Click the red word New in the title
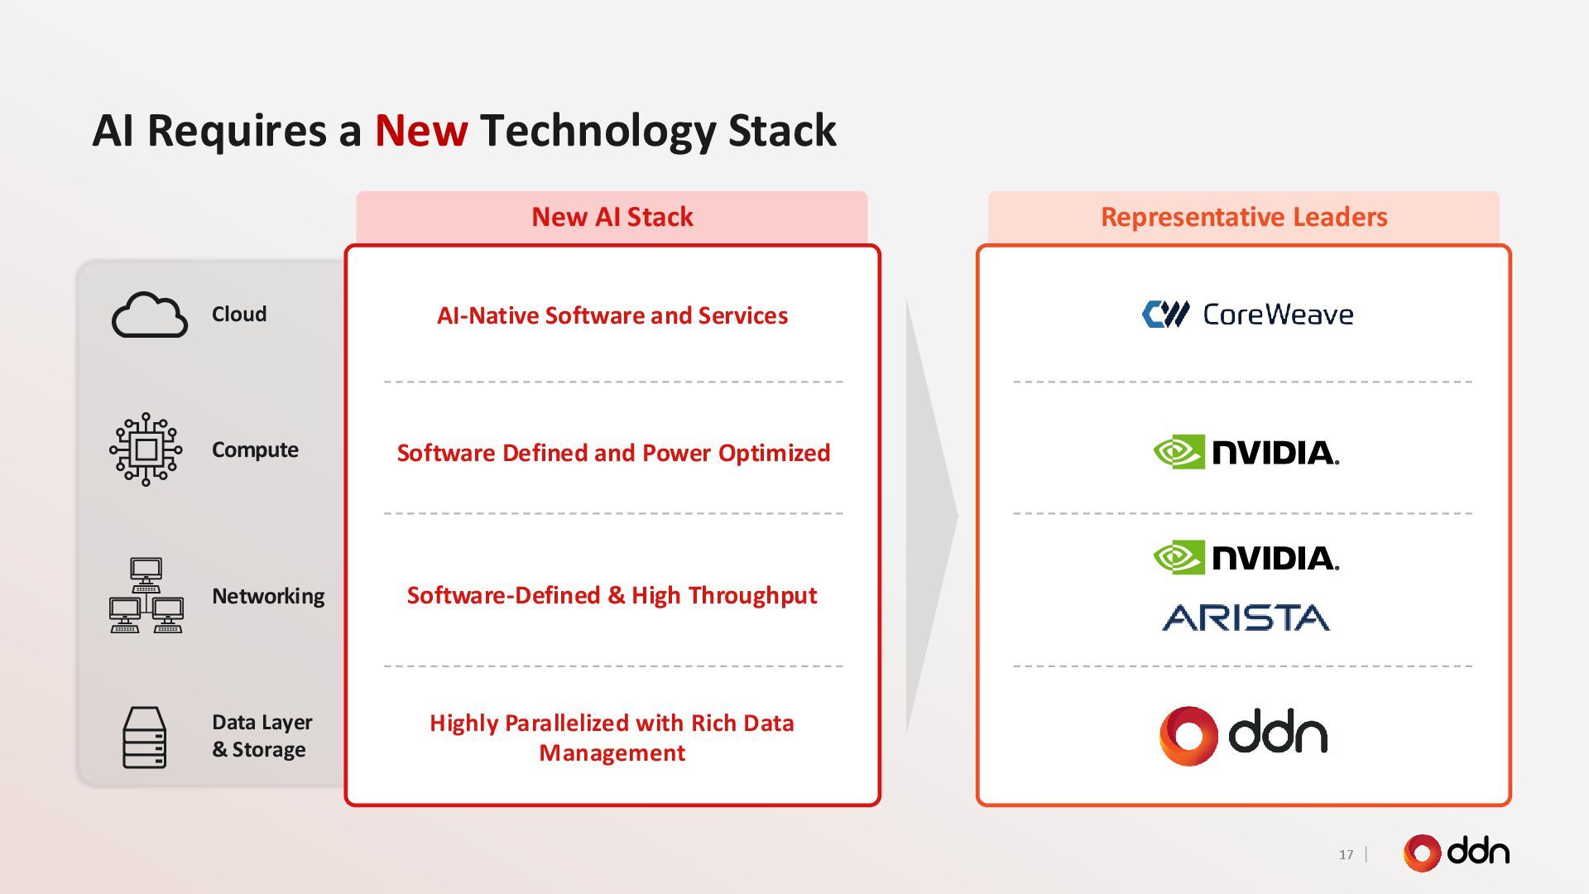click(420, 131)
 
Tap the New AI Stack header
click(612, 217)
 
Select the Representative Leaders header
click(1243, 217)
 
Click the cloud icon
click(149, 315)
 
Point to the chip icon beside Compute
click(146, 449)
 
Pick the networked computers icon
click(146, 596)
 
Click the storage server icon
click(144, 737)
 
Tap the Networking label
click(268, 596)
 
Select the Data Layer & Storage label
click(262, 736)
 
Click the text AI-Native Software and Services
click(612, 315)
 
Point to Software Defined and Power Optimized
click(612, 453)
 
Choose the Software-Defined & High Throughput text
click(612, 595)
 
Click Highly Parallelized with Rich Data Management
click(612, 738)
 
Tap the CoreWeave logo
click(1247, 315)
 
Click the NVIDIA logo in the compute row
click(1246, 452)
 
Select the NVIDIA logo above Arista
click(1246, 557)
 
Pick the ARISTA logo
click(1246, 618)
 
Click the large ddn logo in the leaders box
click(1243, 735)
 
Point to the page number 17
click(1346, 854)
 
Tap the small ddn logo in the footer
click(1456, 853)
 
